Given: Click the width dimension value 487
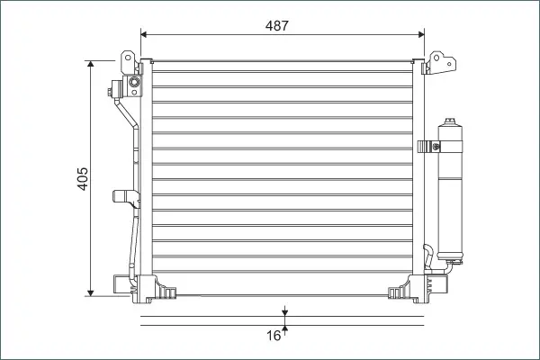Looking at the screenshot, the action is (276, 25).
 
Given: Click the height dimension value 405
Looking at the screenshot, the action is (83, 179).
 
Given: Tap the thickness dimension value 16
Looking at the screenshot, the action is (274, 336).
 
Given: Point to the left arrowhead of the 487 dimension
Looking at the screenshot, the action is (144, 34).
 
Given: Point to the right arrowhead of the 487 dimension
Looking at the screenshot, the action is (421, 34).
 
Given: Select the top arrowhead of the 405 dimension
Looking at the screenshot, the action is (91, 64).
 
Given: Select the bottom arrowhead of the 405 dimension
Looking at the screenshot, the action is (91, 292).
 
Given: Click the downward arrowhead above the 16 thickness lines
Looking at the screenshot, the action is (284, 313).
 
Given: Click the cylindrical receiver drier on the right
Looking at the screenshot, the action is (450, 191).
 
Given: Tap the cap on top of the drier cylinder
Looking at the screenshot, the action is (449, 121).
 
